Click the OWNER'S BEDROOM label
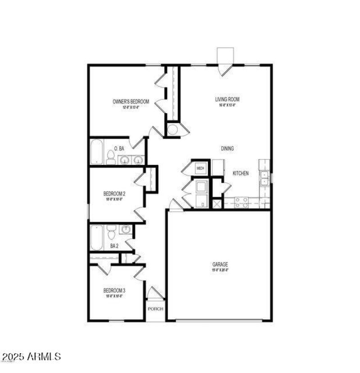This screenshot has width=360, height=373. (x=130, y=102)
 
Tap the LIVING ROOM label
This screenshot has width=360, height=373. (x=227, y=100)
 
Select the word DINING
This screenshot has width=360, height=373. (x=227, y=148)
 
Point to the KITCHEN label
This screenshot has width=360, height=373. (x=241, y=173)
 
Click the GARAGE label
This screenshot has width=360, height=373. (x=220, y=264)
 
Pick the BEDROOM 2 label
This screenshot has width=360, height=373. (x=114, y=194)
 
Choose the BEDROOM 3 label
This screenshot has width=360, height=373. (x=114, y=291)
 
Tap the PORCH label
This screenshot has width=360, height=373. (x=156, y=309)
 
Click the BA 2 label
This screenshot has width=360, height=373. (x=114, y=246)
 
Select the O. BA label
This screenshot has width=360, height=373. (x=119, y=148)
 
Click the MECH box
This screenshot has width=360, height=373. (x=200, y=168)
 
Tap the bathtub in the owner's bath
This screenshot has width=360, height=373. (x=97, y=152)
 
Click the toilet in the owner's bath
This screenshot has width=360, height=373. (x=110, y=157)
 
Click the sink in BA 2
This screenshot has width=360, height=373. (x=126, y=230)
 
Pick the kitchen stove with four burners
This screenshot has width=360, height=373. (x=242, y=203)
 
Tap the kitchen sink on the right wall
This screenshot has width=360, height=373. (x=265, y=175)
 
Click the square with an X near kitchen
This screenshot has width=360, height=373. (x=217, y=204)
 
